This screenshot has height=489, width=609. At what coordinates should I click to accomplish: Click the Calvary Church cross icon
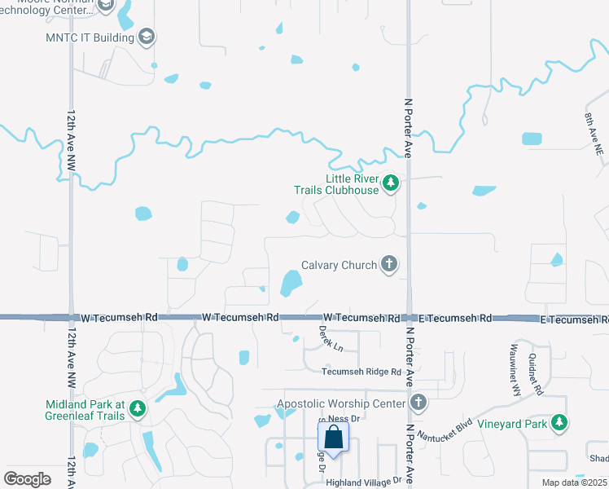point(390,264)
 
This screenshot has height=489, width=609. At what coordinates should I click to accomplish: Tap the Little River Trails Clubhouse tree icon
point(391,183)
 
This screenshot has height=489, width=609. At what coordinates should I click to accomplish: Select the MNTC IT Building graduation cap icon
point(147,37)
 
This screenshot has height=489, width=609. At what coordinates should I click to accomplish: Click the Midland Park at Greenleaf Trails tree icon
point(138,408)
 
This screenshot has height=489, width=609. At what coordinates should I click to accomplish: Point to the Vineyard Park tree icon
point(559,423)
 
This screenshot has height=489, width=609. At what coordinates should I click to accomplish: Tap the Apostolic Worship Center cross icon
point(418,403)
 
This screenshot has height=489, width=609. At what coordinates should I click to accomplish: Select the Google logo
point(28,479)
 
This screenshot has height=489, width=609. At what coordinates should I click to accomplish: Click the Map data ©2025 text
point(575,482)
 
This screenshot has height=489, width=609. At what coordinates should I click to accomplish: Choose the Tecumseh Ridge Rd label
point(361,372)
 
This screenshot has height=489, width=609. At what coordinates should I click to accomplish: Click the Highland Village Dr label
point(364,482)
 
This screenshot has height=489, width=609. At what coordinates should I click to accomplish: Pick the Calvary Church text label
point(339,265)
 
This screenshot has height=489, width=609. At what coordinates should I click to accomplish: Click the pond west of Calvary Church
point(290,283)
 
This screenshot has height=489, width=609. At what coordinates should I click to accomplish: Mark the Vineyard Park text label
point(510,423)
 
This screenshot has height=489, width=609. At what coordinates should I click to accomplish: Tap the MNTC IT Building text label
point(90,37)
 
